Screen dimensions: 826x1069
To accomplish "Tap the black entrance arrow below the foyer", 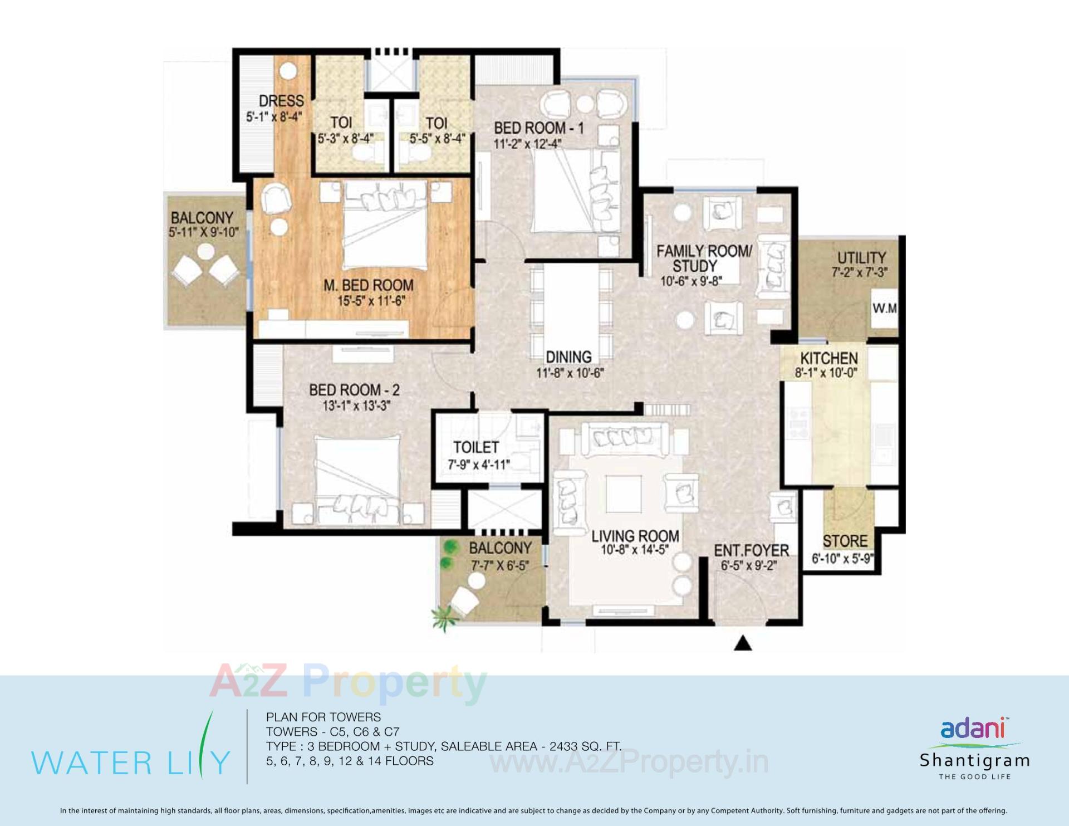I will [x=743, y=643].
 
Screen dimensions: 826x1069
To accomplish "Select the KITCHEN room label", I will [x=829, y=358].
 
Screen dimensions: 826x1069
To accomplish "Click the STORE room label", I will [x=845, y=541].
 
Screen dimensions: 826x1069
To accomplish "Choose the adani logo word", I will [x=972, y=729].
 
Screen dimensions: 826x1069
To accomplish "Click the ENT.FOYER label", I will [x=751, y=550].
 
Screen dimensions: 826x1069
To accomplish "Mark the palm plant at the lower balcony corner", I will [x=444, y=618].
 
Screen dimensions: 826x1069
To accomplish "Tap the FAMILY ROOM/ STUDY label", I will [x=704, y=258].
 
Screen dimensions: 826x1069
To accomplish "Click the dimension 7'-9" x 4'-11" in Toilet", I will [x=479, y=464].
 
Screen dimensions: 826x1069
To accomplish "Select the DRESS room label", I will [x=281, y=101].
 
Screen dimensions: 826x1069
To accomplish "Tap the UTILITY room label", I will [x=861, y=257].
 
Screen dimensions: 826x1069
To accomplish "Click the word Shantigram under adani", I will [x=974, y=760].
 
